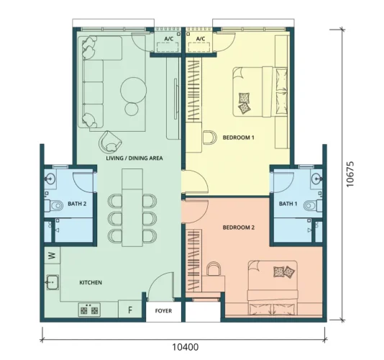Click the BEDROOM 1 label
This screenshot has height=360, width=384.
point(238,138)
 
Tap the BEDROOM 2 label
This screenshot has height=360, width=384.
point(239,228)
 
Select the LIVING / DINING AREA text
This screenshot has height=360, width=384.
point(134,158)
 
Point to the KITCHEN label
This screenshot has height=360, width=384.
point(91,282)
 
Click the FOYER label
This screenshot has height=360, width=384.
point(163,311)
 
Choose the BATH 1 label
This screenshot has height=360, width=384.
point(288,204)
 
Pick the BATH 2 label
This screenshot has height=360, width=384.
point(77,204)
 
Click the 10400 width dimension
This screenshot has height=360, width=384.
point(185,347)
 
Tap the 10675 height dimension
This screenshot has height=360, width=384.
point(350,174)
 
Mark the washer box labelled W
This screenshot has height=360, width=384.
point(52,256)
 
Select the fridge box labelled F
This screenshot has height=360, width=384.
point(130,310)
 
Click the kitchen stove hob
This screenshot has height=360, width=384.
point(89,310)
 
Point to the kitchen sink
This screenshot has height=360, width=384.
point(52,282)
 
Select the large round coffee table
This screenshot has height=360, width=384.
point(134,90)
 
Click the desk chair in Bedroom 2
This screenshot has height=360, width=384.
point(214,269)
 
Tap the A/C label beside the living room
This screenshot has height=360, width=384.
point(168,39)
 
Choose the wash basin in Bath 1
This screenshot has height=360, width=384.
point(316,178)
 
